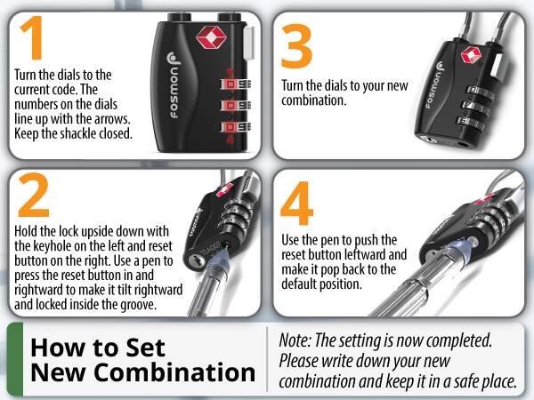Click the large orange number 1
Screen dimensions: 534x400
(x=33, y=37)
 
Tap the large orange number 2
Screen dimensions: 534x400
(x=34, y=194)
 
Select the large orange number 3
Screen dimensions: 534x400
(x=296, y=46)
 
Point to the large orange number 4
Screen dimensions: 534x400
(x=296, y=203)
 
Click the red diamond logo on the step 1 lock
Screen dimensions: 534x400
(x=211, y=36)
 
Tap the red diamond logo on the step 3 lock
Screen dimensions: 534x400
(x=471, y=55)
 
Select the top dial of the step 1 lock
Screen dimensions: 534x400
(x=236, y=84)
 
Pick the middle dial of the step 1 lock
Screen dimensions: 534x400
(x=236, y=106)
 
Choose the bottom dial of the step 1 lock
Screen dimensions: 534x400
(x=236, y=127)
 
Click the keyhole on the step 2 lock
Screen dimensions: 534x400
(x=198, y=261)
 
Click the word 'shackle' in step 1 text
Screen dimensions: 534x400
(x=77, y=133)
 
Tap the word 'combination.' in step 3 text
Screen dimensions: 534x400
(x=313, y=100)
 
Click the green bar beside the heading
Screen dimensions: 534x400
(x=15, y=359)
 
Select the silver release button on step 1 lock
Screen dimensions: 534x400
(x=249, y=42)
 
